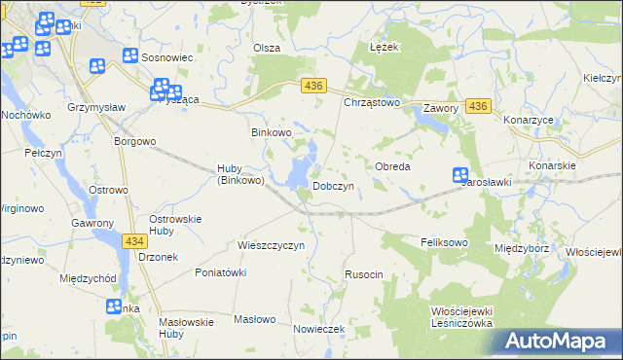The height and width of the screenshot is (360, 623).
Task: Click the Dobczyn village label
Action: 339,185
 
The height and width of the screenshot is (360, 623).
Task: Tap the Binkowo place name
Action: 272,132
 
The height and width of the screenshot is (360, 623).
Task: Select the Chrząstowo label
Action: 373,101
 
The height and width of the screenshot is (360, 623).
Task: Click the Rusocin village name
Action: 364,275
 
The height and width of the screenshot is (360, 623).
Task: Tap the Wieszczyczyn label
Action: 272,245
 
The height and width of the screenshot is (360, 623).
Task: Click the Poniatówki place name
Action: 221,272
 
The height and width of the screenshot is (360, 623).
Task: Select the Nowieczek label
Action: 319,329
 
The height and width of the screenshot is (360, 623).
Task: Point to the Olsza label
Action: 267,48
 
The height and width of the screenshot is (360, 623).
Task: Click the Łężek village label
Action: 385,47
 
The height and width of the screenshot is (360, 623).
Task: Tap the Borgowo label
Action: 134,141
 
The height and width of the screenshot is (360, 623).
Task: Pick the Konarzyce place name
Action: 529,120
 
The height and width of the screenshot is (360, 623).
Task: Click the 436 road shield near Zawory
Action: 477,104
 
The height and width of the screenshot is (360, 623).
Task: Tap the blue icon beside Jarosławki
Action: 461,175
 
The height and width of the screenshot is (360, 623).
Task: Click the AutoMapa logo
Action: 560,341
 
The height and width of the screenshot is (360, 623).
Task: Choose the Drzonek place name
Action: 158,257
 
